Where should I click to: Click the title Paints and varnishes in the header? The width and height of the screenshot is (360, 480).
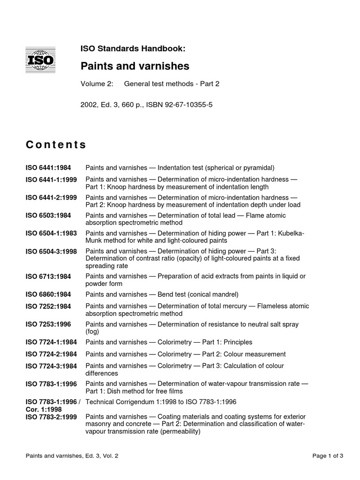[135, 67]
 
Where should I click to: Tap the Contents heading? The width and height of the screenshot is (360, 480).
[56, 145]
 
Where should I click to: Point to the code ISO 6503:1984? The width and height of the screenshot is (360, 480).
[48, 216]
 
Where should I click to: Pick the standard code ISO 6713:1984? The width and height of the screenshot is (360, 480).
[48, 277]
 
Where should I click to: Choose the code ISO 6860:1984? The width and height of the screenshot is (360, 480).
[48, 295]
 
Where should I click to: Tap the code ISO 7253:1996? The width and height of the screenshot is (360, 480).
[48, 324]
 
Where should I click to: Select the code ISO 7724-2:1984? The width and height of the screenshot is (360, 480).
[52, 354]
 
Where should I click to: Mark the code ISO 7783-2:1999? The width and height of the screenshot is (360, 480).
[52, 416]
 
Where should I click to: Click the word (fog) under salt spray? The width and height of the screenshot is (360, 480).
[92, 331]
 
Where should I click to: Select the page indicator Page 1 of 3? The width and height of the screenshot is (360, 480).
[328, 455]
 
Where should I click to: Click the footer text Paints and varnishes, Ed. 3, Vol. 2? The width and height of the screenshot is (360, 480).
[72, 455]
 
